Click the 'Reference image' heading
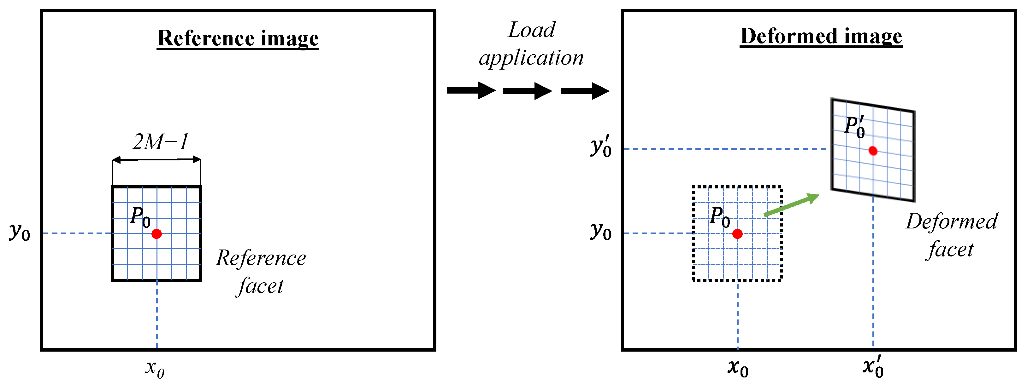pyautogui.click(x=238, y=39)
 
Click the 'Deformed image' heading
pyautogui.click(x=821, y=37)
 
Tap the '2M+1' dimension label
pyautogui.click(x=160, y=142)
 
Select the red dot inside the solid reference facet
pyautogui.click(x=157, y=234)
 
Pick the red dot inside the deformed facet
pyautogui.click(x=873, y=151)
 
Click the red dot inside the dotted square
pyautogui.click(x=738, y=234)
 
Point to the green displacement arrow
pyautogui.click(x=791, y=205)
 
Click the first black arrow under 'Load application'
pyautogui.click(x=471, y=91)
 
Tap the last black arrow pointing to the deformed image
pyautogui.click(x=585, y=91)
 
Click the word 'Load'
pyautogui.click(x=531, y=30)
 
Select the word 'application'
pyautogui.click(x=531, y=58)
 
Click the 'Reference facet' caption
pyautogui.click(x=261, y=272)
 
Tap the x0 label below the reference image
pyautogui.click(x=155, y=368)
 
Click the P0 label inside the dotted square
pyautogui.click(x=720, y=217)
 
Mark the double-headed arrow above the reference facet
pyautogui.click(x=156, y=160)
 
